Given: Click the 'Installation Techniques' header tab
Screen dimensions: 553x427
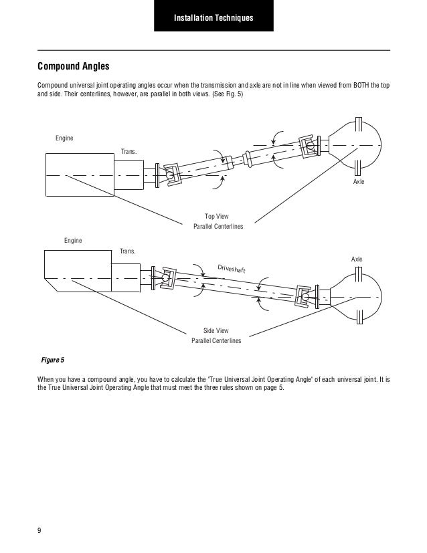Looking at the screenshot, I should point(213,16).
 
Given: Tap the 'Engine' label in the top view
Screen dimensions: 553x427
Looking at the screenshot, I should point(64,138).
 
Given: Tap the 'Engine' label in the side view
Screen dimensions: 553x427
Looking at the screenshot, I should point(73,239).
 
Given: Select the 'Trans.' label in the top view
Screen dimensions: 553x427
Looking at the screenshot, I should point(126,150).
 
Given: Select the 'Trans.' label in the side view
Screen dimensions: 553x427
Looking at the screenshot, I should point(126,251).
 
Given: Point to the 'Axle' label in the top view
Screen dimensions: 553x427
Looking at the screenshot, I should point(359,182).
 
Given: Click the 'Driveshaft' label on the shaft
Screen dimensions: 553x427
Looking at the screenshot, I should point(232,268).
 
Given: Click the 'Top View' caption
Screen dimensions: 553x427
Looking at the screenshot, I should point(218,216).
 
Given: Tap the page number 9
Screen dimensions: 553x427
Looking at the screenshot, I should point(39,530).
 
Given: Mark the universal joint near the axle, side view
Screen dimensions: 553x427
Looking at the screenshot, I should point(305,294).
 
